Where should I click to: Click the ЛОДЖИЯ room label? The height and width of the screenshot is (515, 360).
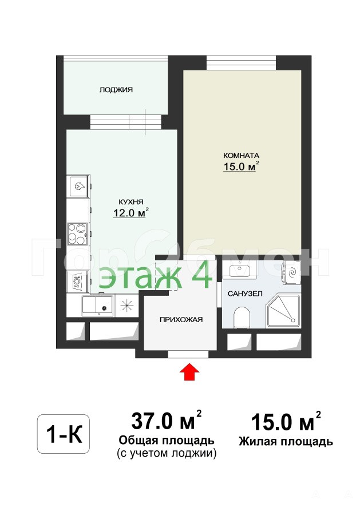click(116, 90)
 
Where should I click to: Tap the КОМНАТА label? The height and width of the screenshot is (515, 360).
click(241, 156)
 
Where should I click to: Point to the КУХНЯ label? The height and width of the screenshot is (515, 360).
click(130, 202)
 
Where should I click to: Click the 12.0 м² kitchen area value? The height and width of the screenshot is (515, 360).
click(130, 213)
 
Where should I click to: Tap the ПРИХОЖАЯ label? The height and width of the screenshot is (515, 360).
click(181, 319)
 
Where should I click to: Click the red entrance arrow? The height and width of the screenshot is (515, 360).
click(190, 371)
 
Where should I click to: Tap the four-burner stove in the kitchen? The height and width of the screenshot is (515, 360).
click(77, 233)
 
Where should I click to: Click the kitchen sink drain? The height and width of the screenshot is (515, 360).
click(105, 308)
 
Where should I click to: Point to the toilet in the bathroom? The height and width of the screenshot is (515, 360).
click(242, 317)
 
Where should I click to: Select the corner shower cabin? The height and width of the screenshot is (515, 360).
click(283, 311)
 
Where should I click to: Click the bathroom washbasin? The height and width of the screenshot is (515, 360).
click(239, 270)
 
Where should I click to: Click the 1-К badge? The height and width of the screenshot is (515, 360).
click(64, 434)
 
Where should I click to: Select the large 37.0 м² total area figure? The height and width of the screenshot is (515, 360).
click(166, 421)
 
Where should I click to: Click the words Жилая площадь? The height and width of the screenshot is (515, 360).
click(286, 441)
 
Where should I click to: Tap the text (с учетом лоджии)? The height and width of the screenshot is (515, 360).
click(167, 453)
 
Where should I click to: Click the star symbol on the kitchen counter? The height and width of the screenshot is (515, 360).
click(127, 306)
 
